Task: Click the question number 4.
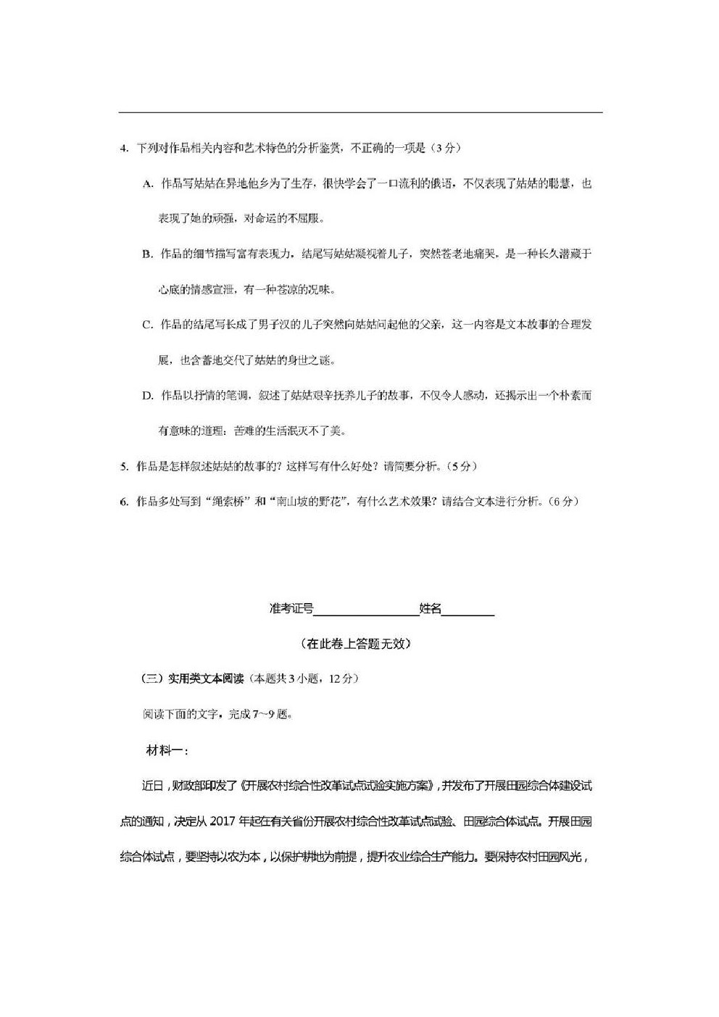click(x=123, y=149)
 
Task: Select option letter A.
click(x=147, y=184)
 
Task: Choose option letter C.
click(x=147, y=325)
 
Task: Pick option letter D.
click(x=147, y=396)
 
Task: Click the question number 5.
click(x=123, y=466)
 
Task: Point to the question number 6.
click(x=123, y=502)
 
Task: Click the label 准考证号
click(x=291, y=609)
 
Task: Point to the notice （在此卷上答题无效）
click(x=355, y=644)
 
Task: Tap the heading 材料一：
click(x=167, y=751)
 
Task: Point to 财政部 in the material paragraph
click(x=191, y=786)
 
